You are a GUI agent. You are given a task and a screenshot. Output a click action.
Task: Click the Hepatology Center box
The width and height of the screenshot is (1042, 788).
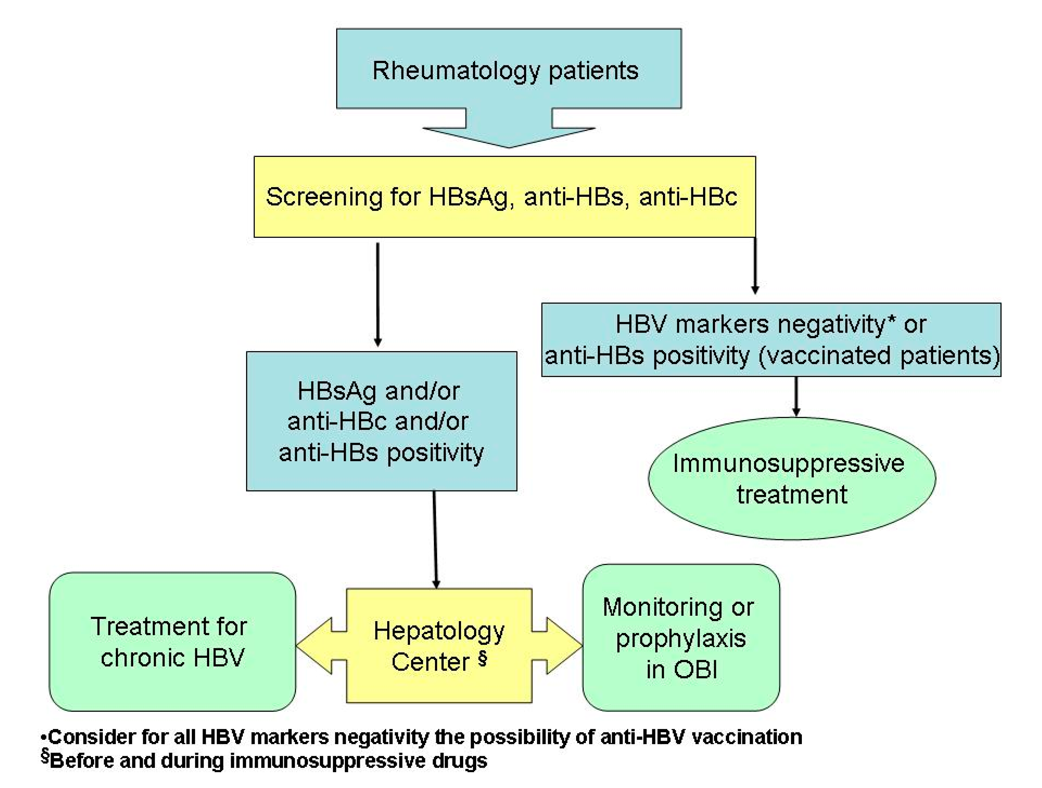point(439,645)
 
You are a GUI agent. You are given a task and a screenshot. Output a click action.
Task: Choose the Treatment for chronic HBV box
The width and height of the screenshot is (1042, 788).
point(172,641)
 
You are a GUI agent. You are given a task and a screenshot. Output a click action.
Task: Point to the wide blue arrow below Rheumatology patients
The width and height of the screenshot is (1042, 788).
point(509,129)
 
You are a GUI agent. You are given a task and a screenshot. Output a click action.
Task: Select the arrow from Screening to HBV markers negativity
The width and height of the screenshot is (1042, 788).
point(755,266)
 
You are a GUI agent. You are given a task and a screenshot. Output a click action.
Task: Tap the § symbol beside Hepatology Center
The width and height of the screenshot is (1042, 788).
point(482,658)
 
